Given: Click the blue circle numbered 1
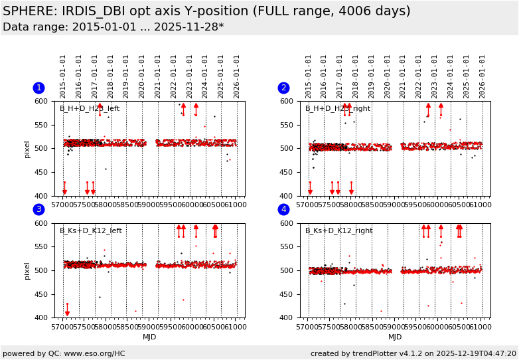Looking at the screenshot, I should [38, 88].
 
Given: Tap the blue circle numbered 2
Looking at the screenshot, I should [283, 88].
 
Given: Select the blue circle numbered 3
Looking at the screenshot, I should [38, 209].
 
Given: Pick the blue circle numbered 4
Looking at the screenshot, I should [283, 209].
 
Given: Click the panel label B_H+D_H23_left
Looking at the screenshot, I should [90, 109].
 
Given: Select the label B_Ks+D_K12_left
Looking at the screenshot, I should [91, 231].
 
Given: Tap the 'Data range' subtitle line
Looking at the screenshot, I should [113, 27].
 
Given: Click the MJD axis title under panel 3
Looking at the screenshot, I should [150, 337].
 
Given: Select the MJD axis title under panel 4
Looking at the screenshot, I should [395, 337].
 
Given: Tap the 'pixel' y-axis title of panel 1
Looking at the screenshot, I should [27, 149].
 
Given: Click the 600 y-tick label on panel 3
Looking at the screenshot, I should [42, 223].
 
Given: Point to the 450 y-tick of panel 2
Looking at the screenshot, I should [288, 173].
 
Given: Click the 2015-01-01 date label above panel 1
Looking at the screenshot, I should [63, 76].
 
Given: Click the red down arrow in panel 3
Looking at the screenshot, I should [67, 310].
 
